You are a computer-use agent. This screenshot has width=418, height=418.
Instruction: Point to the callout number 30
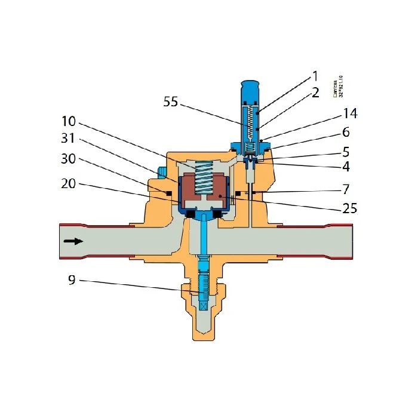[70, 161]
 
